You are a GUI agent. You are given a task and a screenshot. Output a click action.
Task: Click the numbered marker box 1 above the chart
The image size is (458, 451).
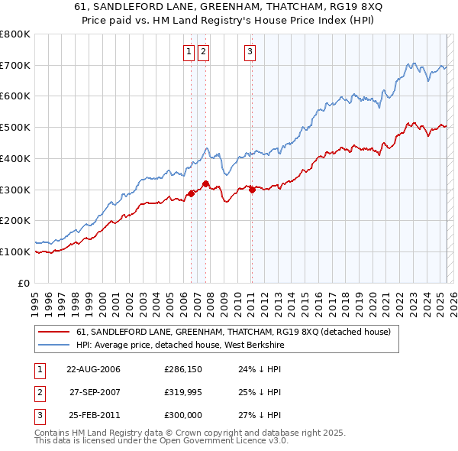[189, 52]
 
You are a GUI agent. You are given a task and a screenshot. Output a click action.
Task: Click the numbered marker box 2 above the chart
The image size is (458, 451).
[204, 52]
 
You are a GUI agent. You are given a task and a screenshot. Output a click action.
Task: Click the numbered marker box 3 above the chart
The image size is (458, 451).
[250, 52]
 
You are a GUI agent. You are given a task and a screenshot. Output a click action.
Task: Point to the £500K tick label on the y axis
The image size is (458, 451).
[15, 128]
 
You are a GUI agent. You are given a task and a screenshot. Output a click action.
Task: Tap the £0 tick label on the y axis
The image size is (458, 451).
[24, 283]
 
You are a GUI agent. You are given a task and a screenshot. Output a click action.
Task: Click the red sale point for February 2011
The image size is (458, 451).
[252, 190]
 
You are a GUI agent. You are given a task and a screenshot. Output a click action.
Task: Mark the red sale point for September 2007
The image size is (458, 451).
[206, 183]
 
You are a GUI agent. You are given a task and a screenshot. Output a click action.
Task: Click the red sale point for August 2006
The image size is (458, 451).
[191, 193]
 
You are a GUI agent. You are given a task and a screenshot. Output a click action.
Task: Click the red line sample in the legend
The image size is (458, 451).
[54, 332]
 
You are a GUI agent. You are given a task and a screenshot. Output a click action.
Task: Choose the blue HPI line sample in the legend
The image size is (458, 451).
[54, 345]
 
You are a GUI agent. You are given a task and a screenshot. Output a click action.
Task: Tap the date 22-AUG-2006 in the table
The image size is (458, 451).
[94, 368]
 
